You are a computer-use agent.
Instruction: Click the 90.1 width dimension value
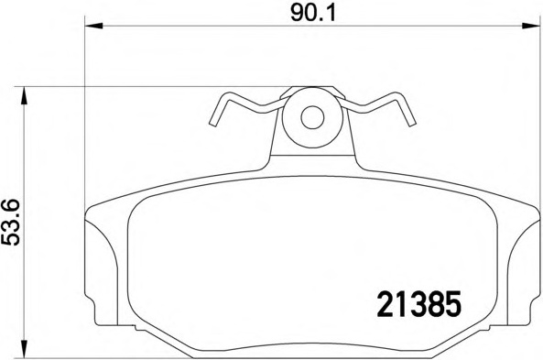pyautogui.click(x=313, y=14)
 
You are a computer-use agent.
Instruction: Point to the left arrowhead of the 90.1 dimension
pyautogui.click(x=93, y=26)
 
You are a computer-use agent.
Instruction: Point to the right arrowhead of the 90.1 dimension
pyautogui.click(x=531, y=26)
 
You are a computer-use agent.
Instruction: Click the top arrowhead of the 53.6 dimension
pyautogui.click(x=24, y=95)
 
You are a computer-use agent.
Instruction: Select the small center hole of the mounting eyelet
pyautogui.click(x=312, y=117)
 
